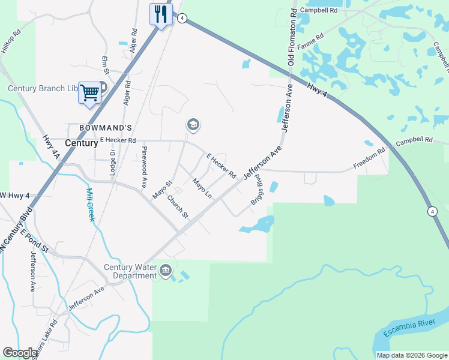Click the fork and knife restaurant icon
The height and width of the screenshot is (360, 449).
[160, 14]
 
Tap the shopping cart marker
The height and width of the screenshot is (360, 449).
[89, 93]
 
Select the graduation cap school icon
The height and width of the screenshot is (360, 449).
[193, 125]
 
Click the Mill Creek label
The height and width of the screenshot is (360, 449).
[90, 205]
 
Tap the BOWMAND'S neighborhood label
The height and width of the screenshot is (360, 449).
[99, 127]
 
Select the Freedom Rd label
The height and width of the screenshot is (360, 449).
[369, 160]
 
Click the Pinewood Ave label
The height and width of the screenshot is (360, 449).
[144, 166]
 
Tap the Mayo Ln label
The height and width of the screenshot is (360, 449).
[202, 188]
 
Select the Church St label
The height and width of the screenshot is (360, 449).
[178, 207]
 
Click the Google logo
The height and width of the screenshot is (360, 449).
[20, 353]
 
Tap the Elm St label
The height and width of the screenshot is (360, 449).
[105, 65]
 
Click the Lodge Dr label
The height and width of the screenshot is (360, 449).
[112, 158]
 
